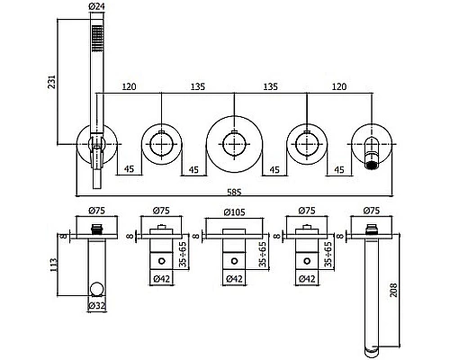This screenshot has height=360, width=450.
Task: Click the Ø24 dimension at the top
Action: point(97,6)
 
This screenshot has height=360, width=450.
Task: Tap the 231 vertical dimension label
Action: point(52,81)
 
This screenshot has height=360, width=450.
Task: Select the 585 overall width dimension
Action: point(234,192)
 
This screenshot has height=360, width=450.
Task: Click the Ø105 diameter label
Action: point(234,212)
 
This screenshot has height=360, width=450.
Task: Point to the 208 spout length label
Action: point(393,290)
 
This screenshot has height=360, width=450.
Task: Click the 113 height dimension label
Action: point(52,265)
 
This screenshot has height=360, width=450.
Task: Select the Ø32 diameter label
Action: point(97,306)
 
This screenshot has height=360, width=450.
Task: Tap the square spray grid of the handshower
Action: point(97,39)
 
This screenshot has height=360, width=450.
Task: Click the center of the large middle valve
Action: point(234,144)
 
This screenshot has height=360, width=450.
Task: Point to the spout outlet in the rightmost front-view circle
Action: point(372,166)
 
